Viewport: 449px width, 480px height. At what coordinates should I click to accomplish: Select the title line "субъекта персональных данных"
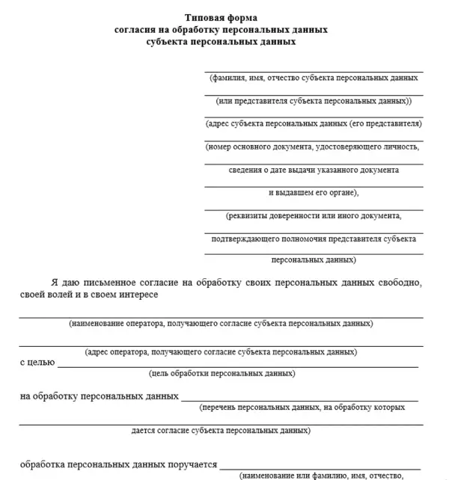coord(222,43)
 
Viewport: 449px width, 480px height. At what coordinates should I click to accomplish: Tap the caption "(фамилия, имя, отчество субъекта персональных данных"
coord(314,77)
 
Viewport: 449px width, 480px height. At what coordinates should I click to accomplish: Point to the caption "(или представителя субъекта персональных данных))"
coord(314,100)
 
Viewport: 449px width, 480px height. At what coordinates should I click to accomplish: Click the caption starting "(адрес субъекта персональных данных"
coord(314,123)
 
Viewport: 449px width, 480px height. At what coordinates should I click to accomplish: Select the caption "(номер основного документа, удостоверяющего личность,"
coord(314,147)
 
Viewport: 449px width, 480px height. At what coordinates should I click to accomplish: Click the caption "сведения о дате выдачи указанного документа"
coord(314,170)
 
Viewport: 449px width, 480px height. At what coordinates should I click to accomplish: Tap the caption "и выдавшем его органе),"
coord(314,192)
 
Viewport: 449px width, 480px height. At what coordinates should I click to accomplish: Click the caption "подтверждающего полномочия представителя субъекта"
coord(314,239)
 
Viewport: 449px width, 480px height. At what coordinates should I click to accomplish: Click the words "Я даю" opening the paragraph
coord(66,283)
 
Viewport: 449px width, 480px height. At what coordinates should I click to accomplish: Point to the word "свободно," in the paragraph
coord(398,283)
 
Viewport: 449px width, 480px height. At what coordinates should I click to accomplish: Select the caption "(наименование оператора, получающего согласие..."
coord(221,324)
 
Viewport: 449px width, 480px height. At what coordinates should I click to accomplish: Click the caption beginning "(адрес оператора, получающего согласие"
coord(221,351)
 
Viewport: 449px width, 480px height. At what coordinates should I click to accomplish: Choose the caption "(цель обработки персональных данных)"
coord(222,373)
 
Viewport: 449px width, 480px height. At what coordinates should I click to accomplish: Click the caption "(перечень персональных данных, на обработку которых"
coord(302,407)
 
